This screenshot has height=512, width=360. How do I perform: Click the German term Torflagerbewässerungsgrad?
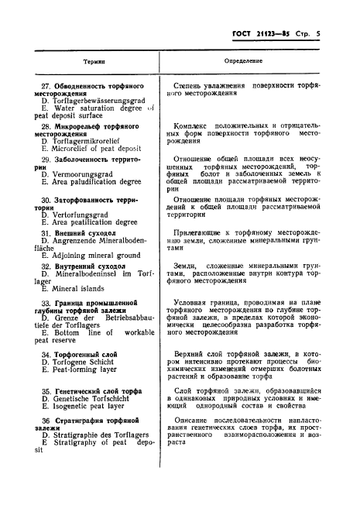click(x=96, y=101)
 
